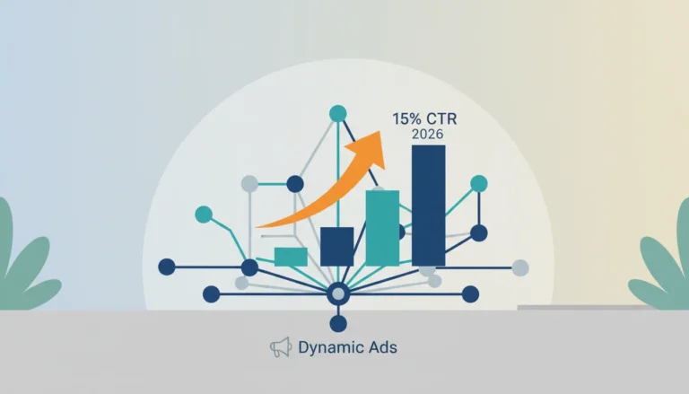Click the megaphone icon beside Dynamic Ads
pos(281,347)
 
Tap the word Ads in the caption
pos(383,347)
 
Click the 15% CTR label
pos(424,118)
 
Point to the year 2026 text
pos(428,134)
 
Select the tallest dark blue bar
pos(429,206)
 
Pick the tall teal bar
pos(382,228)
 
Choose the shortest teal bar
pos(291,257)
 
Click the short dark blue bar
pos(337,247)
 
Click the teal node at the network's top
pos(338,113)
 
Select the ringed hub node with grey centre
pos(338,294)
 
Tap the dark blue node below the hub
pos(338,324)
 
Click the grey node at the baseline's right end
pos(520,267)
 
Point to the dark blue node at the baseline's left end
pos(167,267)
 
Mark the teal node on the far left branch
pos(204,215)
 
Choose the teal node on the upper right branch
pos(479,184)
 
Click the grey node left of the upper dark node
pos(249,184)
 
